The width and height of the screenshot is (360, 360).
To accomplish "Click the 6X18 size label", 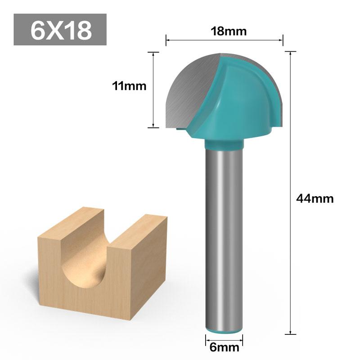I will [60, 30].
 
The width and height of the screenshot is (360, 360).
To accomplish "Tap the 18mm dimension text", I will [225, 31].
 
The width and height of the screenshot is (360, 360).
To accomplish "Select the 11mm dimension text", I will [130, 85].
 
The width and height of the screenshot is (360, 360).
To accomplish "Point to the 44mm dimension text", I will [315, 198].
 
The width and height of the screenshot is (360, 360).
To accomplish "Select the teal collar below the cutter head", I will [225, 144].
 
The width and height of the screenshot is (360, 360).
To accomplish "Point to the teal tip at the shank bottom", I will [224, 332].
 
